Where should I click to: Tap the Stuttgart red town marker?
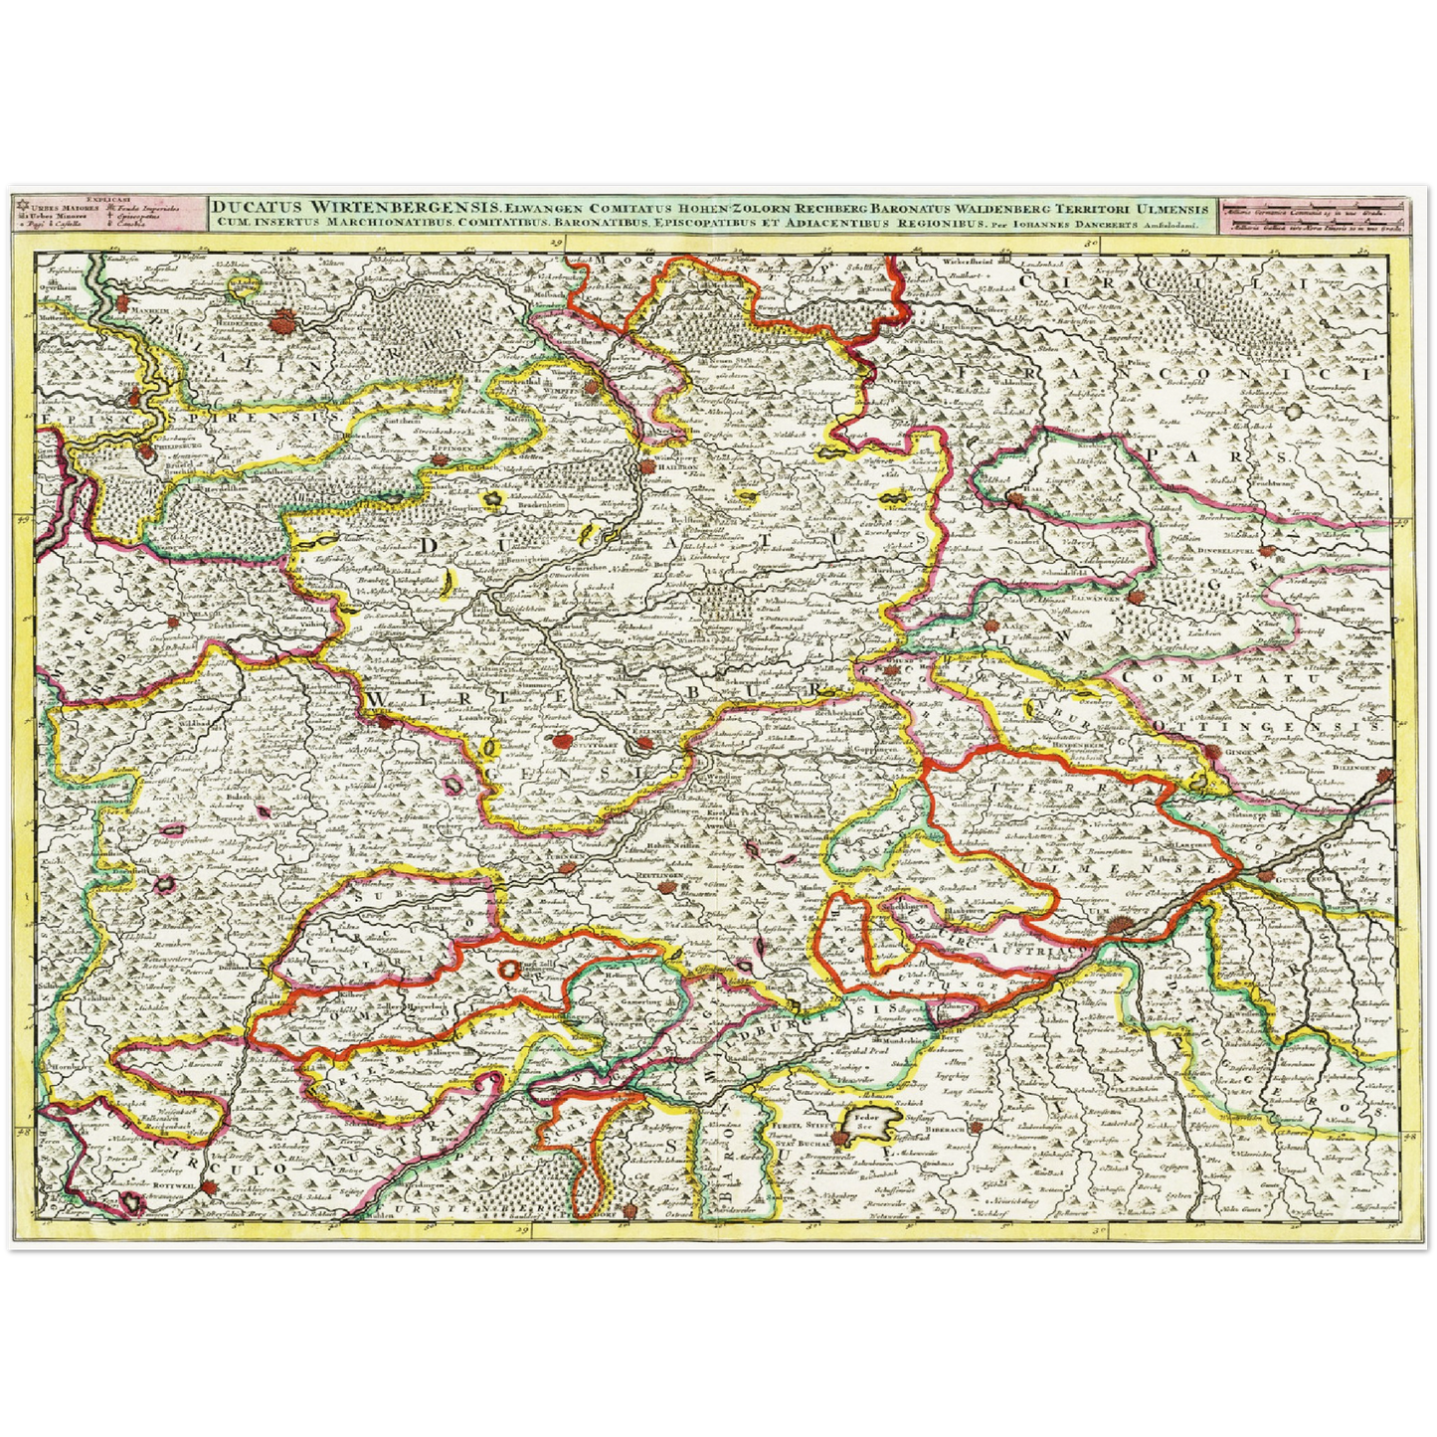coord(563,741)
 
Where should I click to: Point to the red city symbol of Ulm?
coord(1120,927)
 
